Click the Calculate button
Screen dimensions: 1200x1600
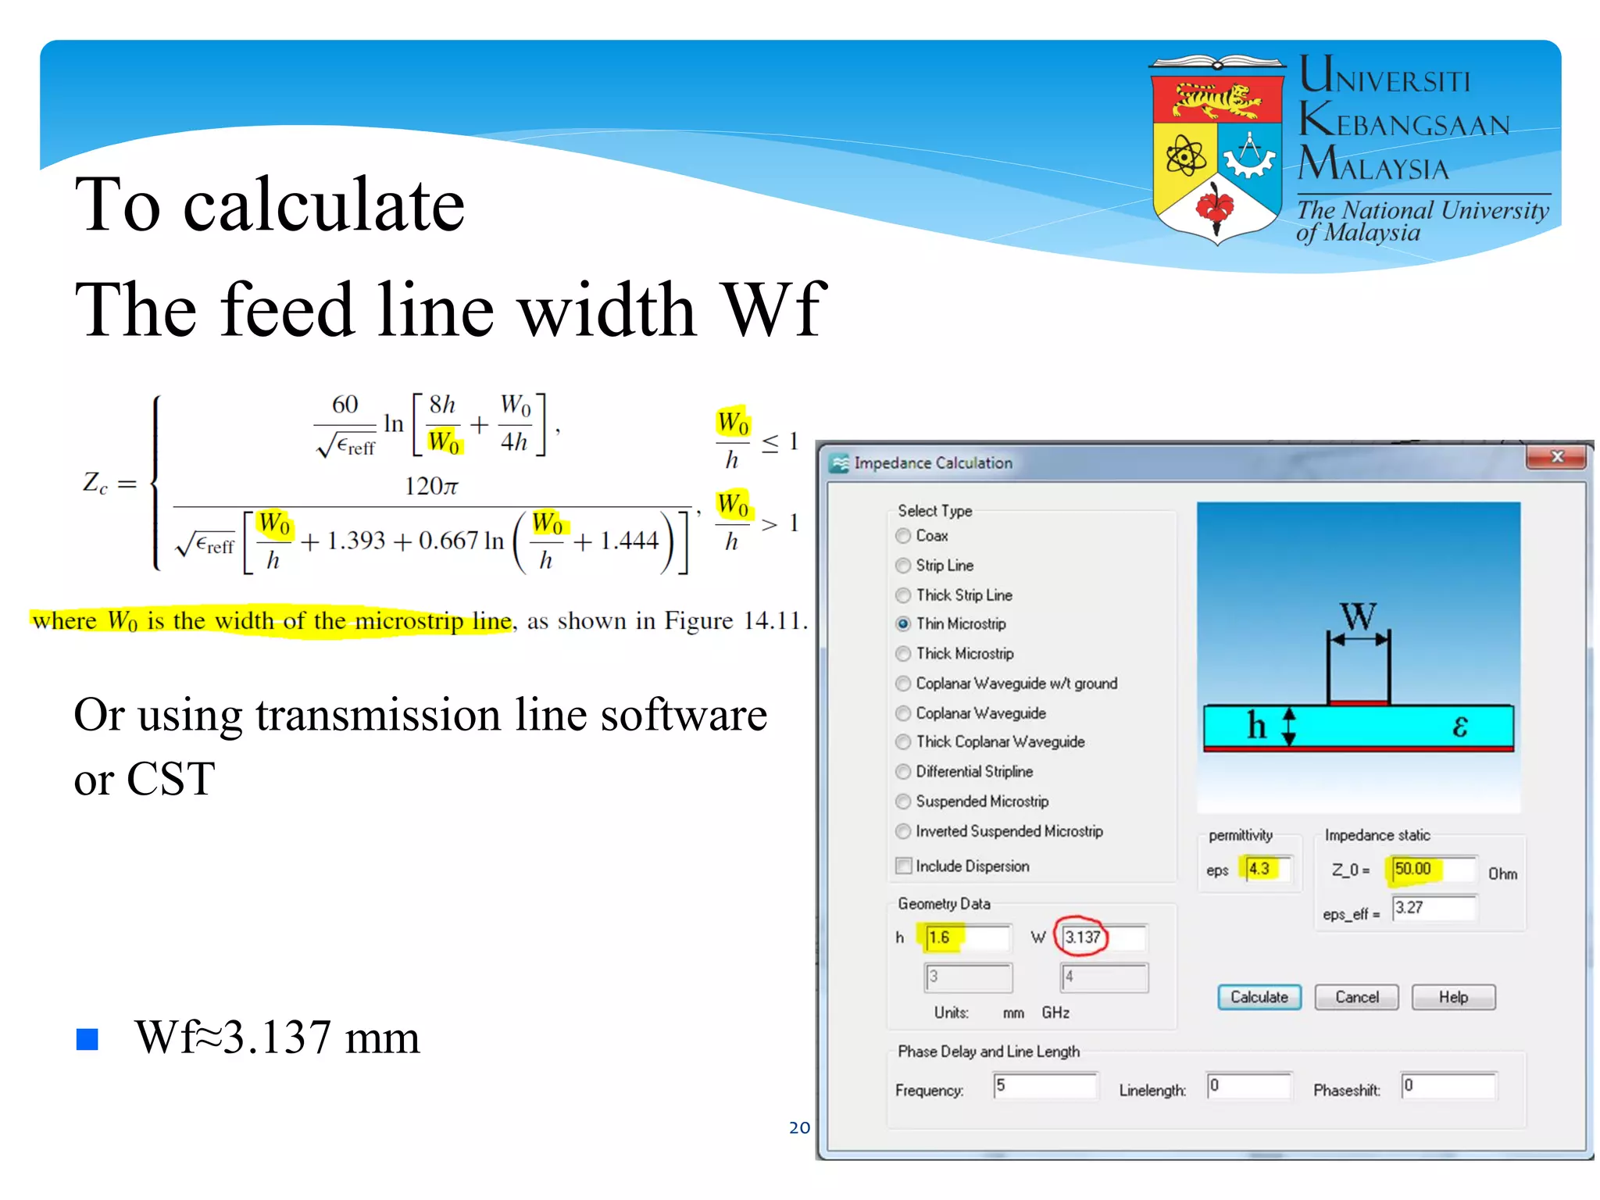tap(1259, 997)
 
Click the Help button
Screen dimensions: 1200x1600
tap(1453, 997)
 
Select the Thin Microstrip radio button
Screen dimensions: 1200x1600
tap(903, 624)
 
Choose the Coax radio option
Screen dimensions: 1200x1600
tap(903, 536)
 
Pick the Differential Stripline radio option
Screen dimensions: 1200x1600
tap(903, 772)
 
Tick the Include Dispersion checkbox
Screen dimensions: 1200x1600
tap(904, 866)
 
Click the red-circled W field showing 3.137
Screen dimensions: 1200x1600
tap(1083, 937)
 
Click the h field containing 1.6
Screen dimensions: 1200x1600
tap(966, 937)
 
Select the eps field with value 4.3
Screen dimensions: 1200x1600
tap(1266, 869)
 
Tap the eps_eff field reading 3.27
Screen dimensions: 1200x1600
tap(1433, 908)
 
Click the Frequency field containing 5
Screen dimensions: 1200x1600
tap(1045, 1086)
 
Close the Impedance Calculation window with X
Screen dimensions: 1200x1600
tap(1556, 457)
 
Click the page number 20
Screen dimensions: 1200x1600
tap(799, 1127)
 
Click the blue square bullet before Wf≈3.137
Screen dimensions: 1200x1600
tap(87, 1039)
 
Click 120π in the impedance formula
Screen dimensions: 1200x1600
tap(431, 486)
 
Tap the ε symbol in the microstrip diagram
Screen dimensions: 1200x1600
tap(1459, 727)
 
